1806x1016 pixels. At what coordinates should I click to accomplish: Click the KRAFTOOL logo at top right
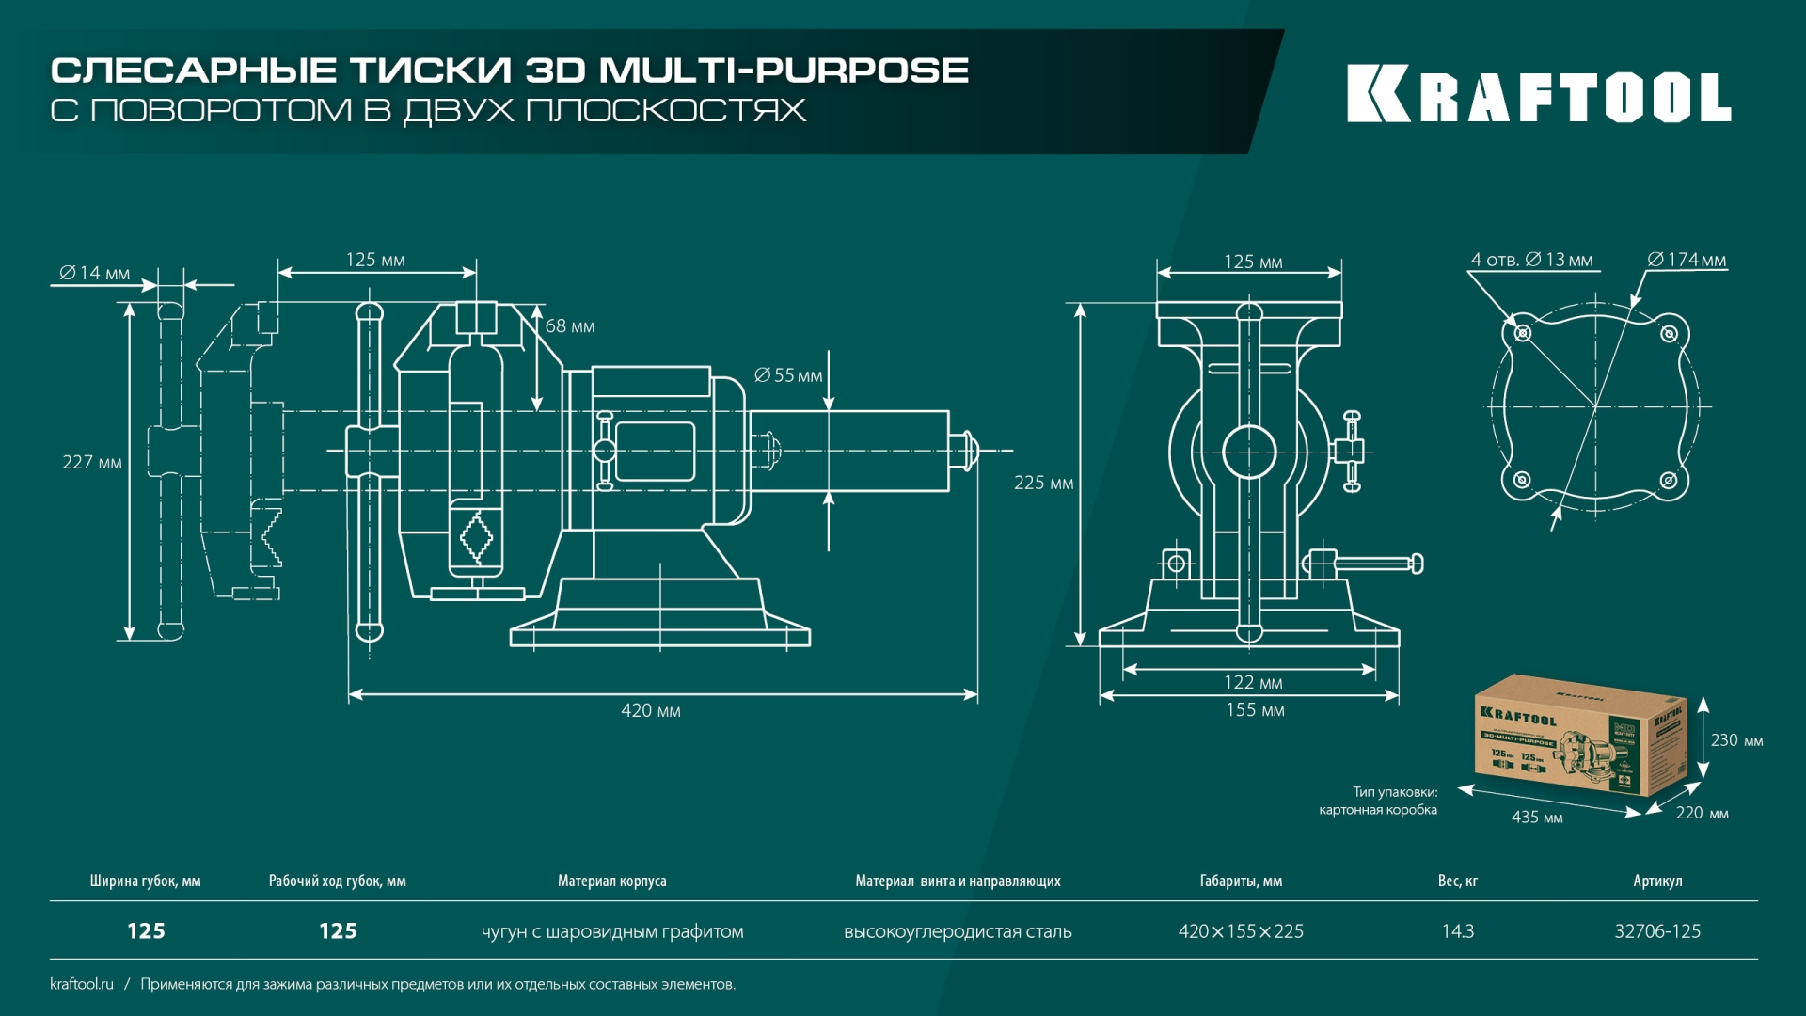pos(1539,94)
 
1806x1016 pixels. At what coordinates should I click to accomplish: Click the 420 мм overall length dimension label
pos(650,711)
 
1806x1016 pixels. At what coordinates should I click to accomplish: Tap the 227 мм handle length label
pos(92,463)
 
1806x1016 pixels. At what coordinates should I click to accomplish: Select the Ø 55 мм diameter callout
pos(788,376)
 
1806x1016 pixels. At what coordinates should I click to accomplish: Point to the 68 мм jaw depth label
pos(570,326)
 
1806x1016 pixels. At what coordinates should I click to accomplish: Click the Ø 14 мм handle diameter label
pos(95,273)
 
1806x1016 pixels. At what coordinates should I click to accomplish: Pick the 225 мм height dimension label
pos(1043,484)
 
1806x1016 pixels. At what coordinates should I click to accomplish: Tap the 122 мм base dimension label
pos(1253,683)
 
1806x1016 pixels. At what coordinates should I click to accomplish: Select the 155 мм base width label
pos(1255,710)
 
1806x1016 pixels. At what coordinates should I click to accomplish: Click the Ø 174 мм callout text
pos(1687,260)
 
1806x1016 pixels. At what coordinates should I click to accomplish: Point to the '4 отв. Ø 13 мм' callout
pos(1531,260)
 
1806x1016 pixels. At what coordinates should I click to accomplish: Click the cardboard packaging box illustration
pos(1579,736)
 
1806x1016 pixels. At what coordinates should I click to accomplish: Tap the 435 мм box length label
pos(1537,818)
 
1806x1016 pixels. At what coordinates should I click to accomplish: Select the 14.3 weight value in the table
pos(1458,931)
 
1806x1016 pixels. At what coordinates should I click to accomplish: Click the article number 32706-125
pos(1657,931)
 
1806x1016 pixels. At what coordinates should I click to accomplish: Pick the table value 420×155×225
pos(1241,931)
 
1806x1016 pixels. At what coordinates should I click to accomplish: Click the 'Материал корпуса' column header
pos(611,881)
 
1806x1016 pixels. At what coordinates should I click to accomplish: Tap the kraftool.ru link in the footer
pos(82,984)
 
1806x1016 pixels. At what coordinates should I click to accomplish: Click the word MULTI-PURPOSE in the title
pos(784,71)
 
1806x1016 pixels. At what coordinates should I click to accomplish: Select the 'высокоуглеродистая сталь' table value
pos(958,931)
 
